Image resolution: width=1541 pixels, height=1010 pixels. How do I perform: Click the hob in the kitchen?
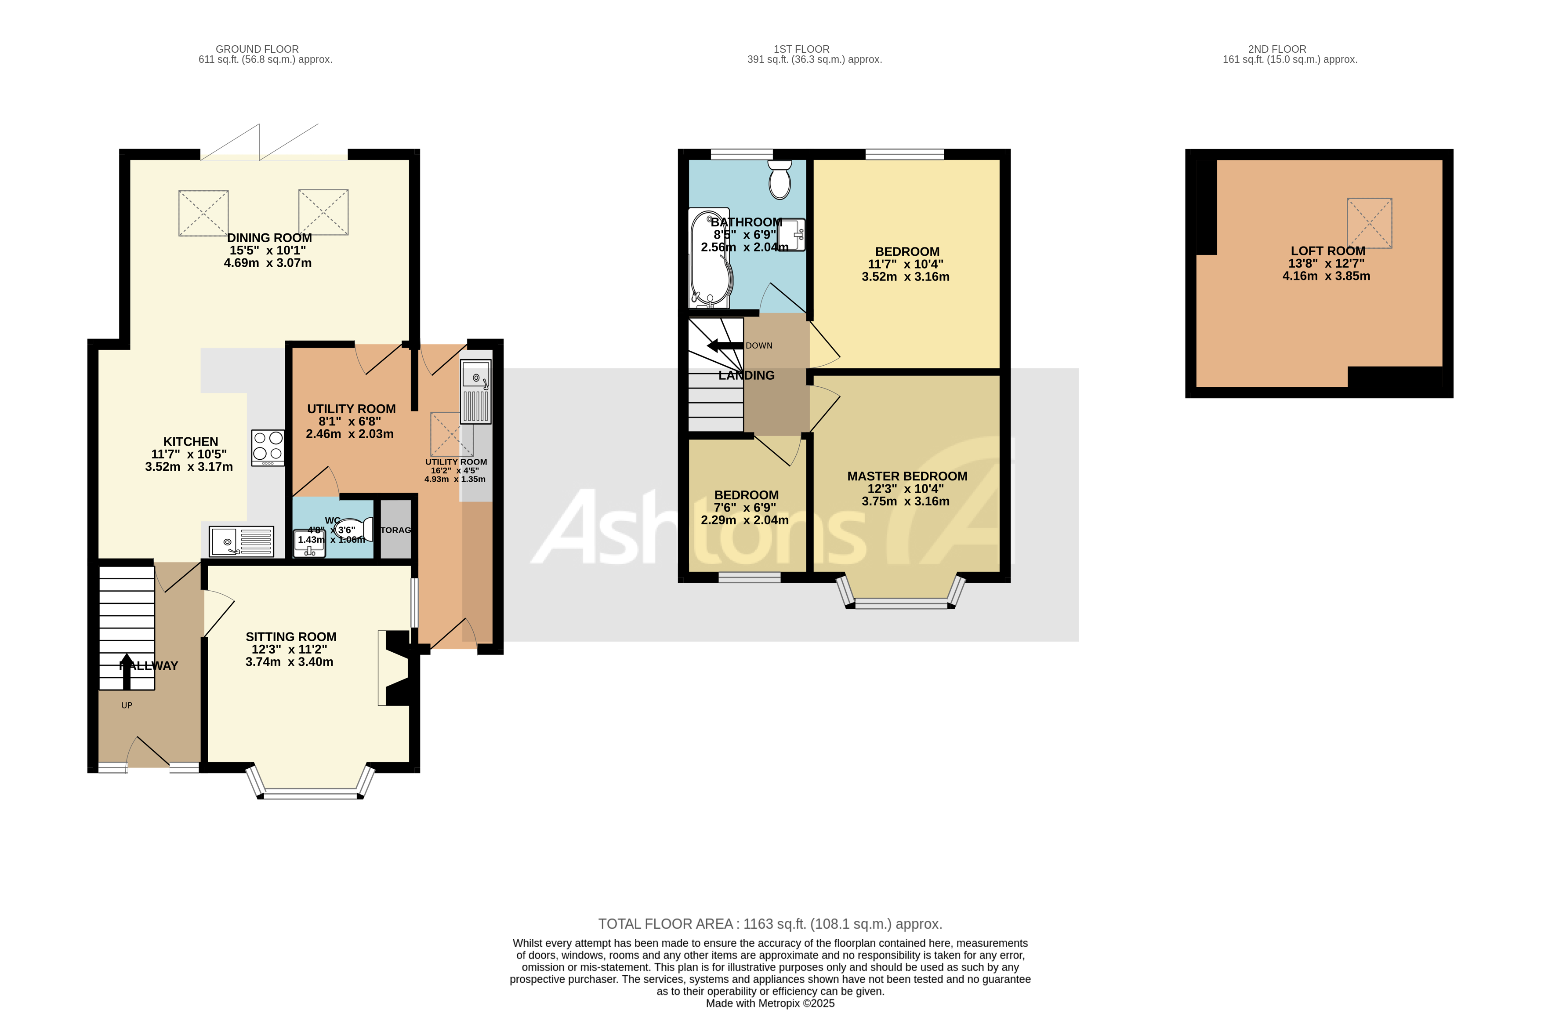coord(268,447)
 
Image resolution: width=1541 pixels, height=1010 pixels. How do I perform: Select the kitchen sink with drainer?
coord(241,541)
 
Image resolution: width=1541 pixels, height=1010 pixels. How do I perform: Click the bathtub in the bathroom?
coord(710,259)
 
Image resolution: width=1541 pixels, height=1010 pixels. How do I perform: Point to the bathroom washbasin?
coord(792,234)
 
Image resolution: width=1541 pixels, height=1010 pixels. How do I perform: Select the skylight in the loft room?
coord(1369,223)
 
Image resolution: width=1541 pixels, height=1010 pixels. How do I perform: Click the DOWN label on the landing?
coord(759,346)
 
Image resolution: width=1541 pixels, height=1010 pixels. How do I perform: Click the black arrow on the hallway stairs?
coord(126,670)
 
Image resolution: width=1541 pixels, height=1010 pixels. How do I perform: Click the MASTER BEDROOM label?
coord(906,476)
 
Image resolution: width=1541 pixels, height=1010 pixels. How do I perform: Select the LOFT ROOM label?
coord(1327,251)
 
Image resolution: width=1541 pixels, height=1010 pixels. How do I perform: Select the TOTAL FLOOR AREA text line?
coord(769,924)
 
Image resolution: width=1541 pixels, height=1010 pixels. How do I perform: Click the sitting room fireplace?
coord(395,668)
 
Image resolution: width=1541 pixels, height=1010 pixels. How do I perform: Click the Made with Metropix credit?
coord(769,1003)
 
